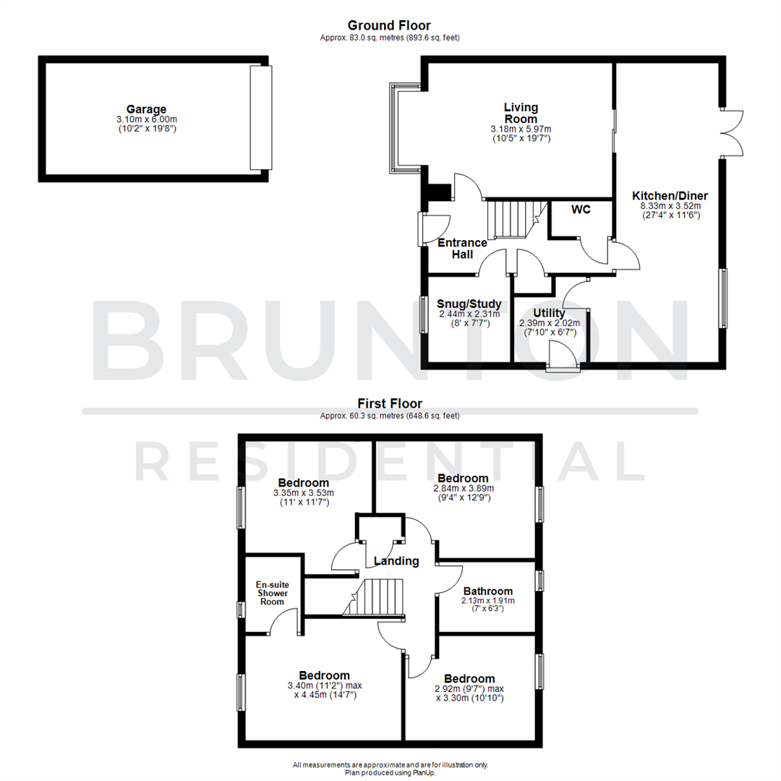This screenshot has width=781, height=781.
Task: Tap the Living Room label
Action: pos(521,114)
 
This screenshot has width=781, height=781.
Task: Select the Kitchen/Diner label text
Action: pos(670,196)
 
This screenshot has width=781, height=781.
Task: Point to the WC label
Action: pos(581,210)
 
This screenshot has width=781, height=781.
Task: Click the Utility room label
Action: pos(549,312)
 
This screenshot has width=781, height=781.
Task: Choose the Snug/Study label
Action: pos(464,304)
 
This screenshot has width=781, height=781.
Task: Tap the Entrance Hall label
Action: pos(463,248)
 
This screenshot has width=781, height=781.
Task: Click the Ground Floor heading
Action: pos(389,26)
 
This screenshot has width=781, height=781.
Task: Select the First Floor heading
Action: pos(390,404)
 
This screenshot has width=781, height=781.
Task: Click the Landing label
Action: pos(396,560)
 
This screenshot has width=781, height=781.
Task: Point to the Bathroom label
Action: pos(488,591)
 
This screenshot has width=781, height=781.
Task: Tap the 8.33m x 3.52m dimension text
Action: pos(670,205)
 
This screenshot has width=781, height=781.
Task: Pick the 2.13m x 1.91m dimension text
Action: pos(488,600)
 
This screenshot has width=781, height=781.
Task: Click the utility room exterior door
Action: pos(563,357)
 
